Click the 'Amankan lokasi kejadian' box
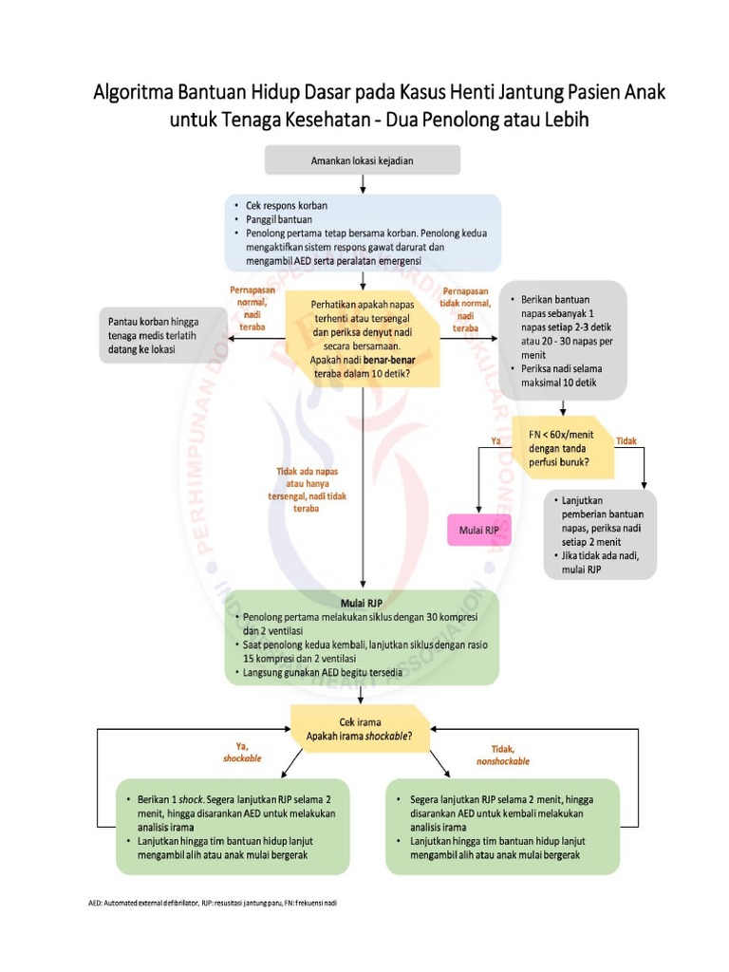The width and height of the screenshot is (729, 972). pos(363,160)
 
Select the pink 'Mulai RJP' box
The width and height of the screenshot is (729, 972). pos(479,531)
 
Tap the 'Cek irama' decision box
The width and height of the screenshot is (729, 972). pos(362,729)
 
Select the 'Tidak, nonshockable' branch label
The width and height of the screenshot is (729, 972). pos(502,755)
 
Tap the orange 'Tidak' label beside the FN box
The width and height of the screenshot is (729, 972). pos(627,440)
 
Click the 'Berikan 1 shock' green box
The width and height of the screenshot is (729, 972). pos(232,827)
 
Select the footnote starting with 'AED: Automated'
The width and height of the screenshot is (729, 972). pos(207,902)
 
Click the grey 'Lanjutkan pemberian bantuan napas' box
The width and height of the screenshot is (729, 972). pos(601,534)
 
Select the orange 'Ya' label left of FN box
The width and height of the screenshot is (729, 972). pos(495,440)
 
